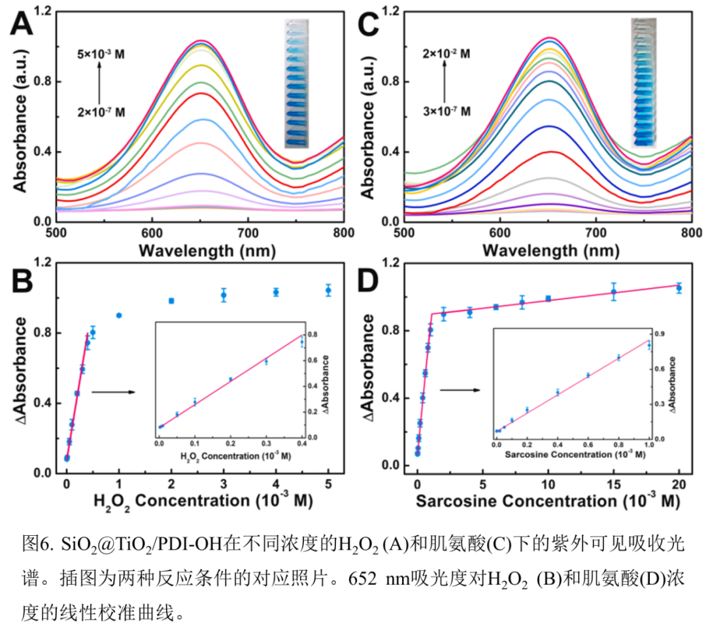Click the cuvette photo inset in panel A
(295, 83)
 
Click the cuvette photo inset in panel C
(643, 82)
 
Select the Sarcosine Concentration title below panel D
(547, 502)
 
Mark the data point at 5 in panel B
(328, 290)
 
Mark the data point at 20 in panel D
(679, 288)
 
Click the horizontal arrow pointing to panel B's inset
(113, 392)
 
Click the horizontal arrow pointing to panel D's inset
(460, 391)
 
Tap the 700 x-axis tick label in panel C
(596, 233)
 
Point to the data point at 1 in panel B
(119, 315)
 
